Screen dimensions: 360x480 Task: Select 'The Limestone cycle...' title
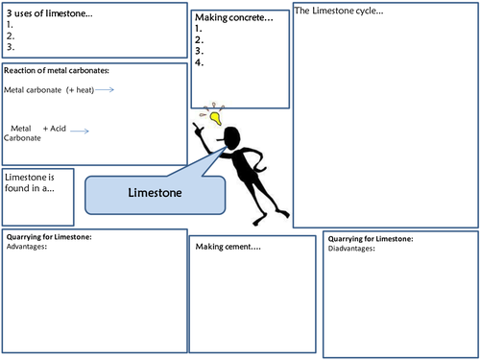coord(339,12)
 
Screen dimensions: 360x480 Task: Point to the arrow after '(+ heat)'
coord(105,89)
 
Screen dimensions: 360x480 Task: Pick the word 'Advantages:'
coord(27,247)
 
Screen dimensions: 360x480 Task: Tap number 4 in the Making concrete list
coord(198,62)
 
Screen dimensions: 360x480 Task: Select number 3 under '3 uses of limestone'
coord(10,46)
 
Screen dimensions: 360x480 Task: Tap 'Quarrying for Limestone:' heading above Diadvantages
coord(371,238)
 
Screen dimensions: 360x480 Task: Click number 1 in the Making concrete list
coord(198,29)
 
